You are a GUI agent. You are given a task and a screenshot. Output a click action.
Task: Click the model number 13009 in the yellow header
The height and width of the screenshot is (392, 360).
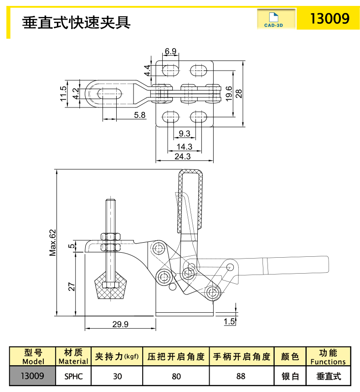(x=329, y=19)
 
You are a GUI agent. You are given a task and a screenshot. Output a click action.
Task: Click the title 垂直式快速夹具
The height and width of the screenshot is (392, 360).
(x=77, y=21)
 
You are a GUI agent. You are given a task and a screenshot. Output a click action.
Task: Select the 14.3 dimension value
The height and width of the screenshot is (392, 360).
(x=184, y=147)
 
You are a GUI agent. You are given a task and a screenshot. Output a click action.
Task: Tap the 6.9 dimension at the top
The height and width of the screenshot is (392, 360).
(x=171, y=51)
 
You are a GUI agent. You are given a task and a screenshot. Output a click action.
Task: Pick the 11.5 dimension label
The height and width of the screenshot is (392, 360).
(x=63, y=94)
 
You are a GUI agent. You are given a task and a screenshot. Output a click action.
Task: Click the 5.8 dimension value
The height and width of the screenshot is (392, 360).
(x=139, y=115)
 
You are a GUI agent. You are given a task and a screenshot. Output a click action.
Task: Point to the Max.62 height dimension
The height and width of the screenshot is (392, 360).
(x=53, y=242)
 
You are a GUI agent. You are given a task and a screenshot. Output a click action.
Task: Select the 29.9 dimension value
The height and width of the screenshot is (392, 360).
(x=120, y=324)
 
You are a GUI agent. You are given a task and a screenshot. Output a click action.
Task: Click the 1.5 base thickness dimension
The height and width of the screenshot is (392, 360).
(x=229, y=321)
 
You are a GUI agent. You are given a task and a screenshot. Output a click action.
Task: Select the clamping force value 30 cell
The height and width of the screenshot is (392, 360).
(x=117, y=376)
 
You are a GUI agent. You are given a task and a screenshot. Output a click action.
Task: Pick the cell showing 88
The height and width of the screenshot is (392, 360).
(x=241, y=376)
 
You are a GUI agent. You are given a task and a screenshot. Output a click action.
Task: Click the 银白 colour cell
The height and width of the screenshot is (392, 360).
(x=289, y=376)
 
